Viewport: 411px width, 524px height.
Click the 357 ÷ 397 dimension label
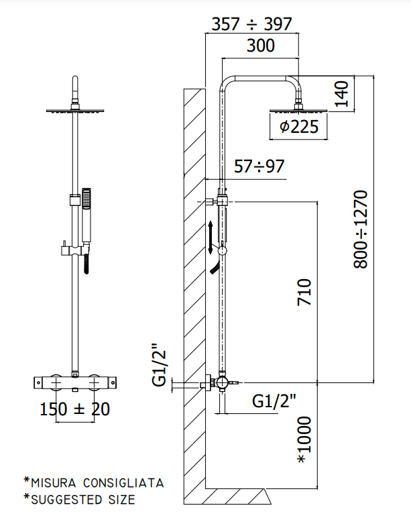251,24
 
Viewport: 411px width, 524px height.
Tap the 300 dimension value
261,46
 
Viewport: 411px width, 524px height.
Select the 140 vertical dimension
341,94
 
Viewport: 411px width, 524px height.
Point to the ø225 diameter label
299,127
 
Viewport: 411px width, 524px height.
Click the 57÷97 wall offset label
259,166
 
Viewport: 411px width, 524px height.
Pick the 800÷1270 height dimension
361,229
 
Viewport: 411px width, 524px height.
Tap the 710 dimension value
304,292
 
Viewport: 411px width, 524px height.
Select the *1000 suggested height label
304,439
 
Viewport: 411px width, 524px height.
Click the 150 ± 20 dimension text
75,409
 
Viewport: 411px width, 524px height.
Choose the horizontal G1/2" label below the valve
274,401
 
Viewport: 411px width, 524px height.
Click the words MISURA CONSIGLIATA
97,483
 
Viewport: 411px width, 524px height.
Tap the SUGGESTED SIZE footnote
83,500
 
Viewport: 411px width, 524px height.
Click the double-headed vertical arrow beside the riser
211,238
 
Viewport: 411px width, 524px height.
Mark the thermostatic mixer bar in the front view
75,382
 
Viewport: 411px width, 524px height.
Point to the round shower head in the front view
75,111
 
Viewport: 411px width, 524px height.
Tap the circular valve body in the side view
221,382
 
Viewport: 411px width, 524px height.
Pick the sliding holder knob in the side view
222,251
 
